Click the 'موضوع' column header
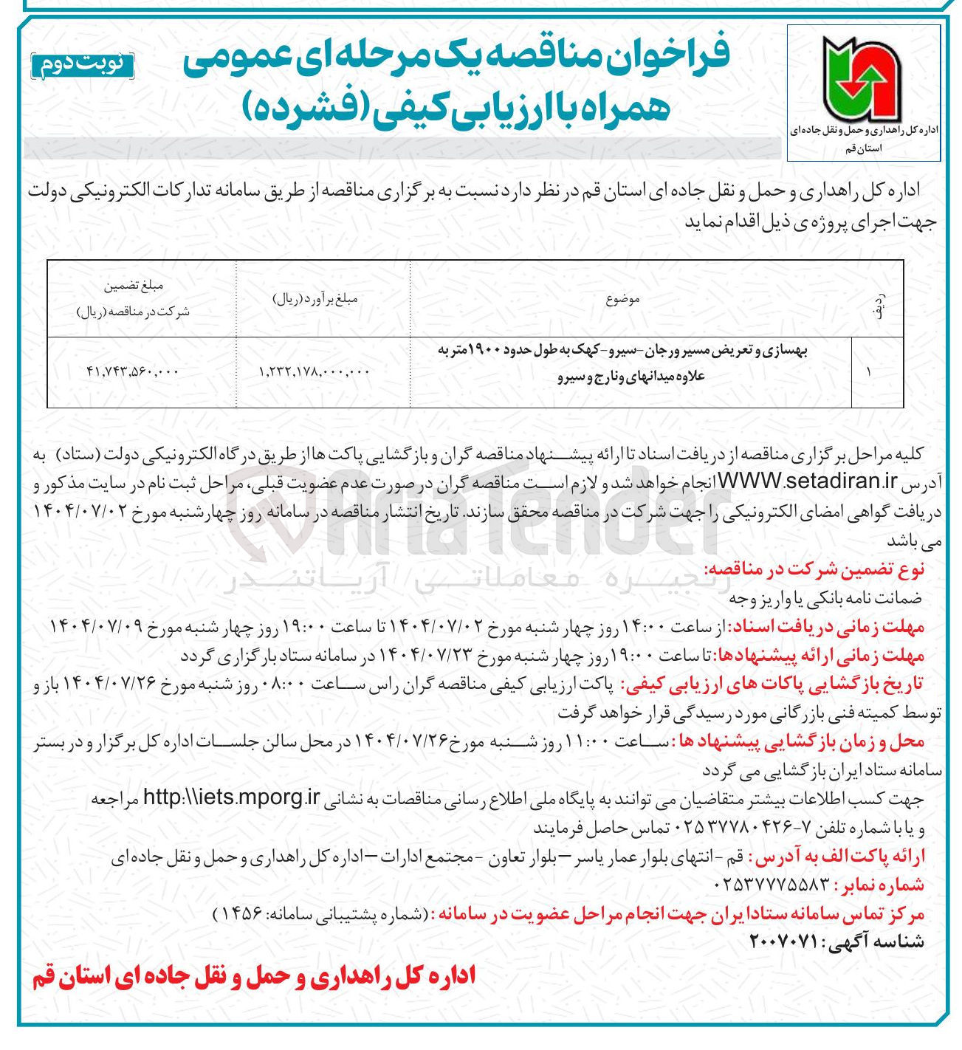622,299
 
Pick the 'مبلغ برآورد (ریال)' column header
316,299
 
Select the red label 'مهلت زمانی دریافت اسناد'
827,627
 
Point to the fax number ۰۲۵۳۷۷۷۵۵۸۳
772,885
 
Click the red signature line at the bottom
253,978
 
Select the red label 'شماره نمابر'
879,885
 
